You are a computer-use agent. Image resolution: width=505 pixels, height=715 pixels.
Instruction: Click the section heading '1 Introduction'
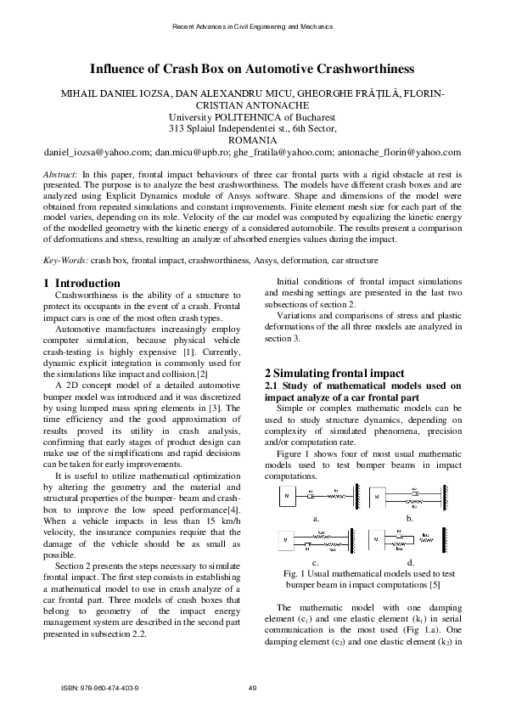81,284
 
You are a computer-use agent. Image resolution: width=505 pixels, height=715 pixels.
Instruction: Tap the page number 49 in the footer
252,687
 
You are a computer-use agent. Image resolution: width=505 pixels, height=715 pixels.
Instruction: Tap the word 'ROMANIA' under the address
252,141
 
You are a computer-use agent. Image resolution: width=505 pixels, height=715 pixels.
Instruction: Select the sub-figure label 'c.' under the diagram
316,562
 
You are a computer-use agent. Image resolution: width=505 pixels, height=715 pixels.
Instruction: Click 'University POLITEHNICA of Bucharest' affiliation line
252,117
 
